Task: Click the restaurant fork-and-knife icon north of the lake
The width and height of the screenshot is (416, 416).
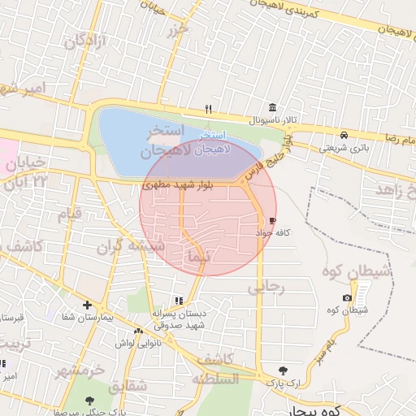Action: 209,109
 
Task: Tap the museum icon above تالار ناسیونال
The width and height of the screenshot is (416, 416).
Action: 272,108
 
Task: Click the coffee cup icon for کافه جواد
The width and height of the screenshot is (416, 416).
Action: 271,220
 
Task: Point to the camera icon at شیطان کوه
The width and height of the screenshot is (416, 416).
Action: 348,297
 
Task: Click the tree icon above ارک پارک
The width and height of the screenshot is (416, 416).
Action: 283,370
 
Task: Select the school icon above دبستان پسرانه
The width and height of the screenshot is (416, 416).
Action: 178,301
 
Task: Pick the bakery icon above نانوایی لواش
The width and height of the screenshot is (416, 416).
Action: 139,331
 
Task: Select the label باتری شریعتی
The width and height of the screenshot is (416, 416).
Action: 344,148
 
